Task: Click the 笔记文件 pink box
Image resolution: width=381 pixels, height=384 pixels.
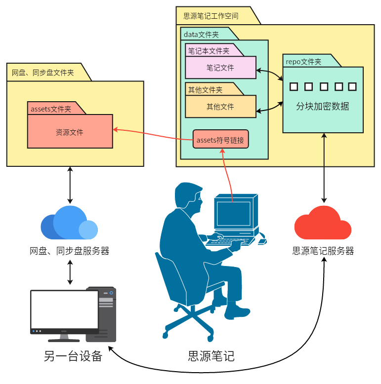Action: coord(220,68)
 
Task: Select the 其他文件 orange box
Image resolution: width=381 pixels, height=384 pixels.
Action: coord(220,107)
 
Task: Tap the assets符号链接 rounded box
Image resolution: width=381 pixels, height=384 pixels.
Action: coord(220,140)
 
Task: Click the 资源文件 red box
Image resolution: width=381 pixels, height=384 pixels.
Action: coord(70,132)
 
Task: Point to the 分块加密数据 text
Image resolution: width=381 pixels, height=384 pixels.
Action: coord(323,106)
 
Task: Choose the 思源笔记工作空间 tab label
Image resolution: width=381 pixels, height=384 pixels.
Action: coord(211,16)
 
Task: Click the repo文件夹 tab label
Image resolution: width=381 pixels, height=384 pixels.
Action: coord(303,62)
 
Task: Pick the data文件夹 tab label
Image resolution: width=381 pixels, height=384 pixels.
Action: coord(201,35)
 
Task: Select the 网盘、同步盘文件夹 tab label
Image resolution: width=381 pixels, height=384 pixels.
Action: coord(43,73)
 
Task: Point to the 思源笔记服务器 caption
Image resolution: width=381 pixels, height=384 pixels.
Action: coord(323,251)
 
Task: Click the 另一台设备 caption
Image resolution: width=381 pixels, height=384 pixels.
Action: coord(73,356)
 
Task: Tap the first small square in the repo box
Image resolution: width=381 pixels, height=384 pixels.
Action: coord(294,87)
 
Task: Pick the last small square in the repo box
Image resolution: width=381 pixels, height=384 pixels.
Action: coord(352,87)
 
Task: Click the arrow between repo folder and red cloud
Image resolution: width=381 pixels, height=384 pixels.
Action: coord(324,168)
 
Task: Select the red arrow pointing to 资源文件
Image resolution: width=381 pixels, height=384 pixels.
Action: coord(153,134)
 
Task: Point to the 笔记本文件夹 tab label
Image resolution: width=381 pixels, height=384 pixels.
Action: coord(209,51)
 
